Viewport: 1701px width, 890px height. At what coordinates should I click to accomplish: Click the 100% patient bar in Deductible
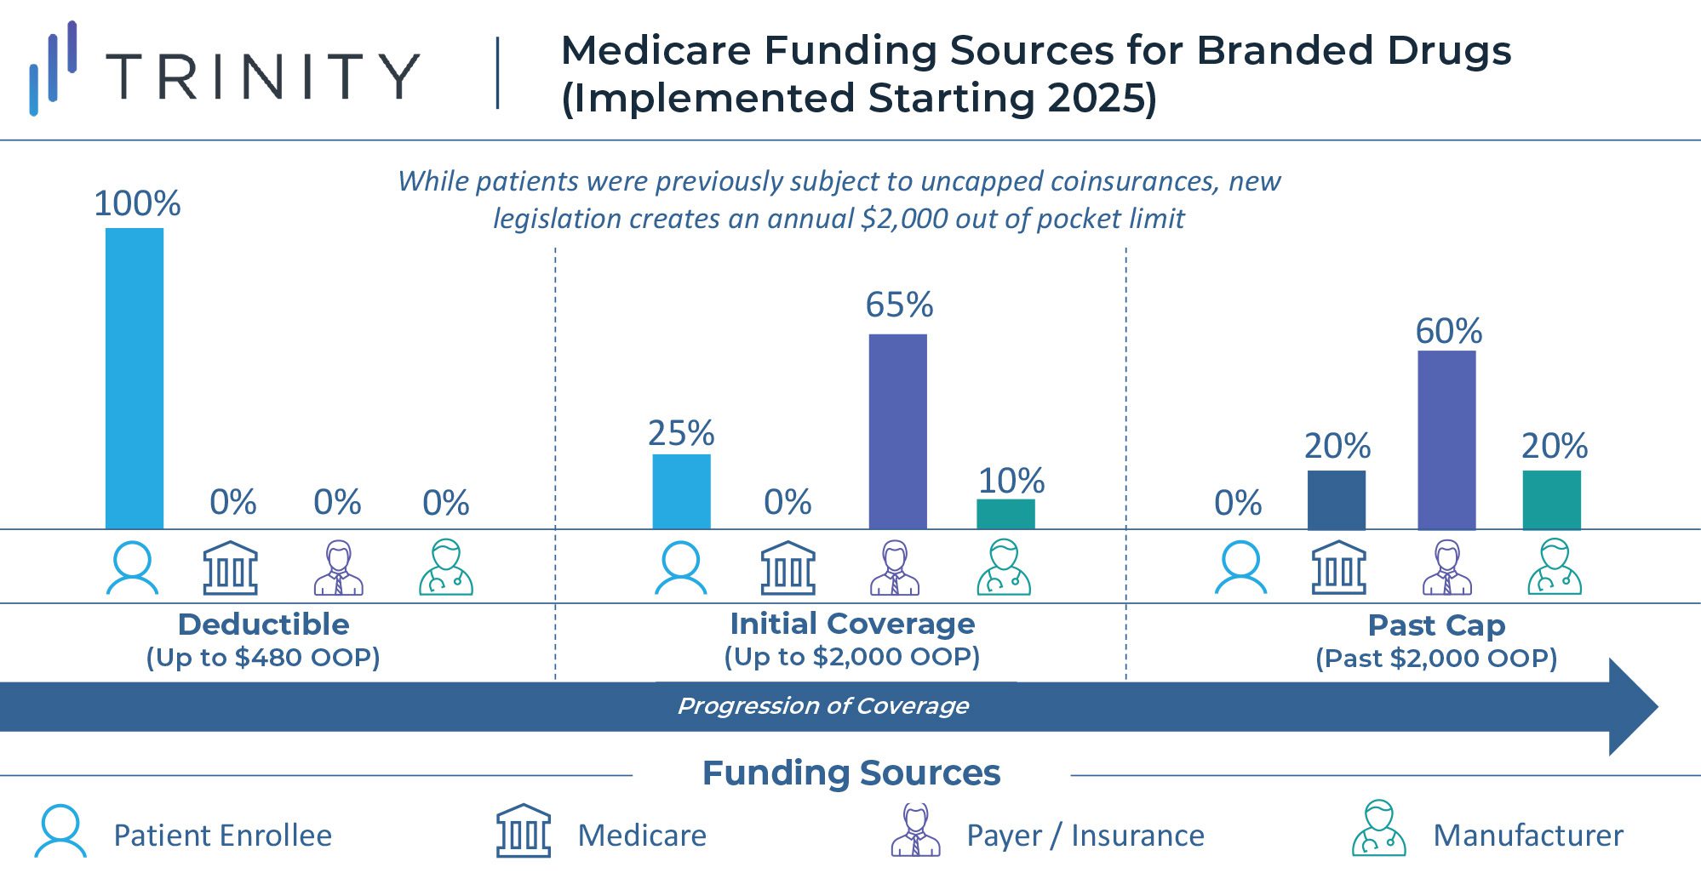point(135,379)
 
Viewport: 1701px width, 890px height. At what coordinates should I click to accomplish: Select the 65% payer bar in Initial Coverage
point(897,431)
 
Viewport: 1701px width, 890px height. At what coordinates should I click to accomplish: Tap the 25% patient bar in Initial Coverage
point(681,492)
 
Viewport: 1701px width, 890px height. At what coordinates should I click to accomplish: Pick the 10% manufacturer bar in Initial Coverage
point(1005,514)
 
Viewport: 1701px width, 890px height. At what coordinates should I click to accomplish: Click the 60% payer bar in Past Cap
point(1446,440)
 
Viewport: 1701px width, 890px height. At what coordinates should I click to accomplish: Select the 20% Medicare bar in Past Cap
point(1337,499)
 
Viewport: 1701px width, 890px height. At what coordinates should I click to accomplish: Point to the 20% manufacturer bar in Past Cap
point(1551,499)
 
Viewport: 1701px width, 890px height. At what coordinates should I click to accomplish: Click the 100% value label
point(137,203)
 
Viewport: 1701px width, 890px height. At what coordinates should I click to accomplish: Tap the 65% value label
point(899,305)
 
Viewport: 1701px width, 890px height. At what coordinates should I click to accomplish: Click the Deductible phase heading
point(263,625)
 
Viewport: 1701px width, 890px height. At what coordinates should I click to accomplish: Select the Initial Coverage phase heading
point(852,624)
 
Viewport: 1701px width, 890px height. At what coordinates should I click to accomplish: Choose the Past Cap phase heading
point(1436,625)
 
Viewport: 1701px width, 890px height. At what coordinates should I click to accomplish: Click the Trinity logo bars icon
point(53,68)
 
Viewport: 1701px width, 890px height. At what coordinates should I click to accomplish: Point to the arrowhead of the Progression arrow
point(1632,706)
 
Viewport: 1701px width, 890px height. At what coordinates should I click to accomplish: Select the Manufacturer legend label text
point(1528,836)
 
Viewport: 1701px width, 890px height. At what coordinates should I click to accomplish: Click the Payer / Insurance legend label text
point(1085,836)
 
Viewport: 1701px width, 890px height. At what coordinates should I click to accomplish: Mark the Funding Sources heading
point(851,773)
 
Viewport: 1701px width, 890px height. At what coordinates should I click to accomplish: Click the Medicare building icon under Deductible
point(230,568)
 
